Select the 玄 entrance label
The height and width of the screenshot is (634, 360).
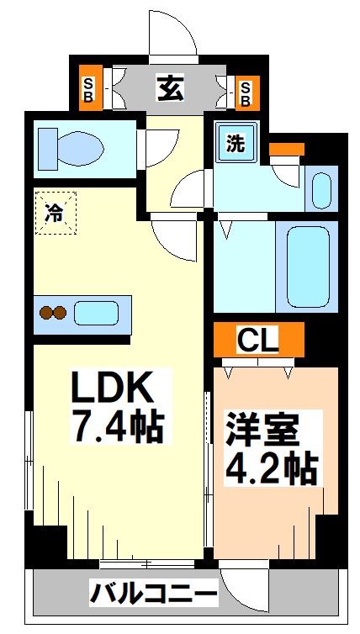(x=170, y=88)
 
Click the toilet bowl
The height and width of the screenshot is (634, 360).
(x=79, y=149)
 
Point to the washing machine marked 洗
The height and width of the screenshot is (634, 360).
(x=236, y=142)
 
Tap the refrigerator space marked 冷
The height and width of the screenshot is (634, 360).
(x=56, y=213)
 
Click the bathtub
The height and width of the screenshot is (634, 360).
(x=308, y=267)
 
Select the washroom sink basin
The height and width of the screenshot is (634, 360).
(x=322, y=191)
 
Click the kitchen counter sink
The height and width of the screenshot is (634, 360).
(x=96, y=314)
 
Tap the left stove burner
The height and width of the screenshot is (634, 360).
(x=46, y=313)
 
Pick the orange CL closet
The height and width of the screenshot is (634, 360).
(x=258, y=340)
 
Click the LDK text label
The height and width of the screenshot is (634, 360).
(x=113, y=388)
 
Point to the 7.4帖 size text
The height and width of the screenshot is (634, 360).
(x=118, y=427)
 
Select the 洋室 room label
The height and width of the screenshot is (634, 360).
(x=262, y=429)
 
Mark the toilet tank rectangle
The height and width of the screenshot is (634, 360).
(x=47, y=149)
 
